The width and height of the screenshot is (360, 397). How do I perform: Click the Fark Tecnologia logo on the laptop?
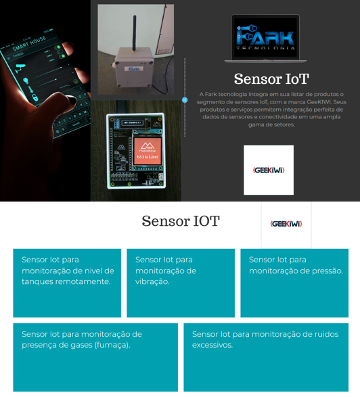pyautogui.click(x=265, y=37)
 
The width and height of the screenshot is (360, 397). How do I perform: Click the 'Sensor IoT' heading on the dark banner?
pyautogui.click(x=271, y=79)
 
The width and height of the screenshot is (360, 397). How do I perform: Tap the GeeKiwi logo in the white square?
pyautogui.click(x=269, y=170)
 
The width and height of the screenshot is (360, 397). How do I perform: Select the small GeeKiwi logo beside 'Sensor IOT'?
pyautogui.click(x=286, y=223)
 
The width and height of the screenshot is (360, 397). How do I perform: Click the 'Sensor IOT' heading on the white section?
pyautogui.click(x=181, y=221)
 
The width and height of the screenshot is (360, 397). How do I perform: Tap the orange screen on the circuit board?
pyautogui.click(x=147, y=150)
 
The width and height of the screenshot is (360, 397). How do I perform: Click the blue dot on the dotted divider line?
pyautogui.click(x=185, y=99)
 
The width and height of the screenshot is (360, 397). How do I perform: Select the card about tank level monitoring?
pyautogui.click(x=67, y=283)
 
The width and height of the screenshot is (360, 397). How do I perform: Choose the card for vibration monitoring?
pyautogui.click(x=181, y=283)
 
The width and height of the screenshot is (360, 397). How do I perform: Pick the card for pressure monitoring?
pyautogui.click(x=294, y=283)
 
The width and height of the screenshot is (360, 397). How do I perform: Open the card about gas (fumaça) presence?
pyautogui.click(x=95, y=356)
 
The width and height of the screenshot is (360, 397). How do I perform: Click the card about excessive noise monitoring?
pyautogui.click(x=266, y=356)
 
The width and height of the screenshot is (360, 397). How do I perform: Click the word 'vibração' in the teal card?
pyautogui.click(x=152, y=281)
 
